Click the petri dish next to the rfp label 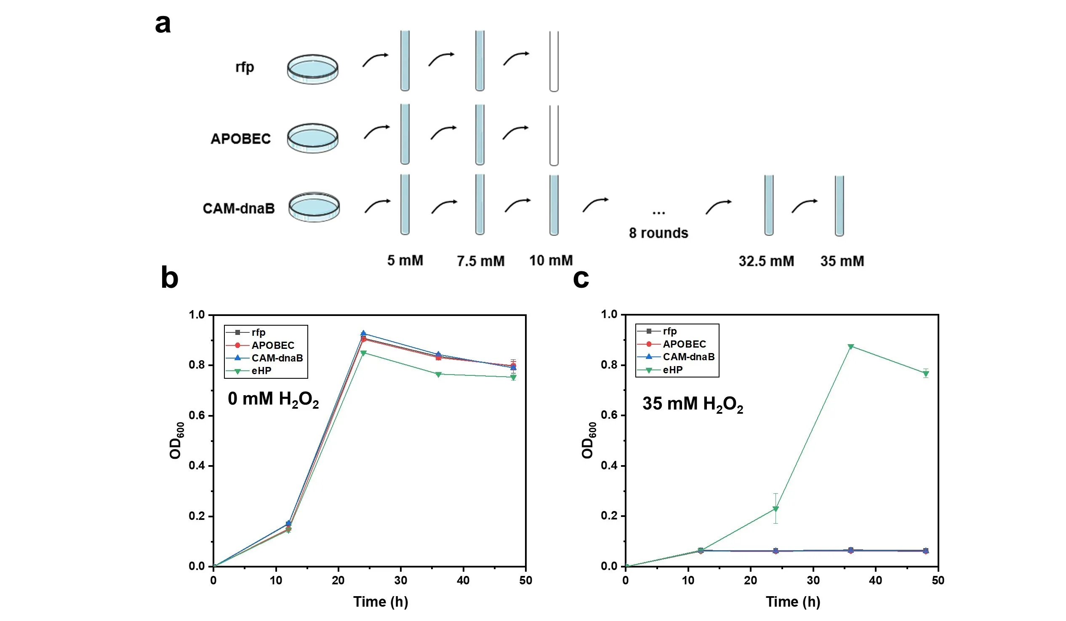[x=313, y=69]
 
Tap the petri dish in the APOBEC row [x=313, y=138]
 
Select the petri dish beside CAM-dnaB [x=314, y=207]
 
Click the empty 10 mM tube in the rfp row [x=554, y=62]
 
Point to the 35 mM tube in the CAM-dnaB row [x=839, y=206]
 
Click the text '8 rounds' [x=658, y=233]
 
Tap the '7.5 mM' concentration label [x=480, y=261]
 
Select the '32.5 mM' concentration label [x=766, y=261]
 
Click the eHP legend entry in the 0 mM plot [x=261, y=371]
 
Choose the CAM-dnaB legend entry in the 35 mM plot [x=688, y=357]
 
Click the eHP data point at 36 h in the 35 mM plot [x=851, y=347]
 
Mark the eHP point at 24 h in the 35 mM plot [x=776, y=509]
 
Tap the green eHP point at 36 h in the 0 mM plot [x=438, y=374]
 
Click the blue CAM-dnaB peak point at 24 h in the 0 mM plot [x=363, y=333]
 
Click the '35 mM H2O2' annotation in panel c [x=693, y=404]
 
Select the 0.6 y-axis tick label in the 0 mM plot [x=197, y=415]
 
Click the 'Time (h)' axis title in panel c [x=793, y=602]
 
